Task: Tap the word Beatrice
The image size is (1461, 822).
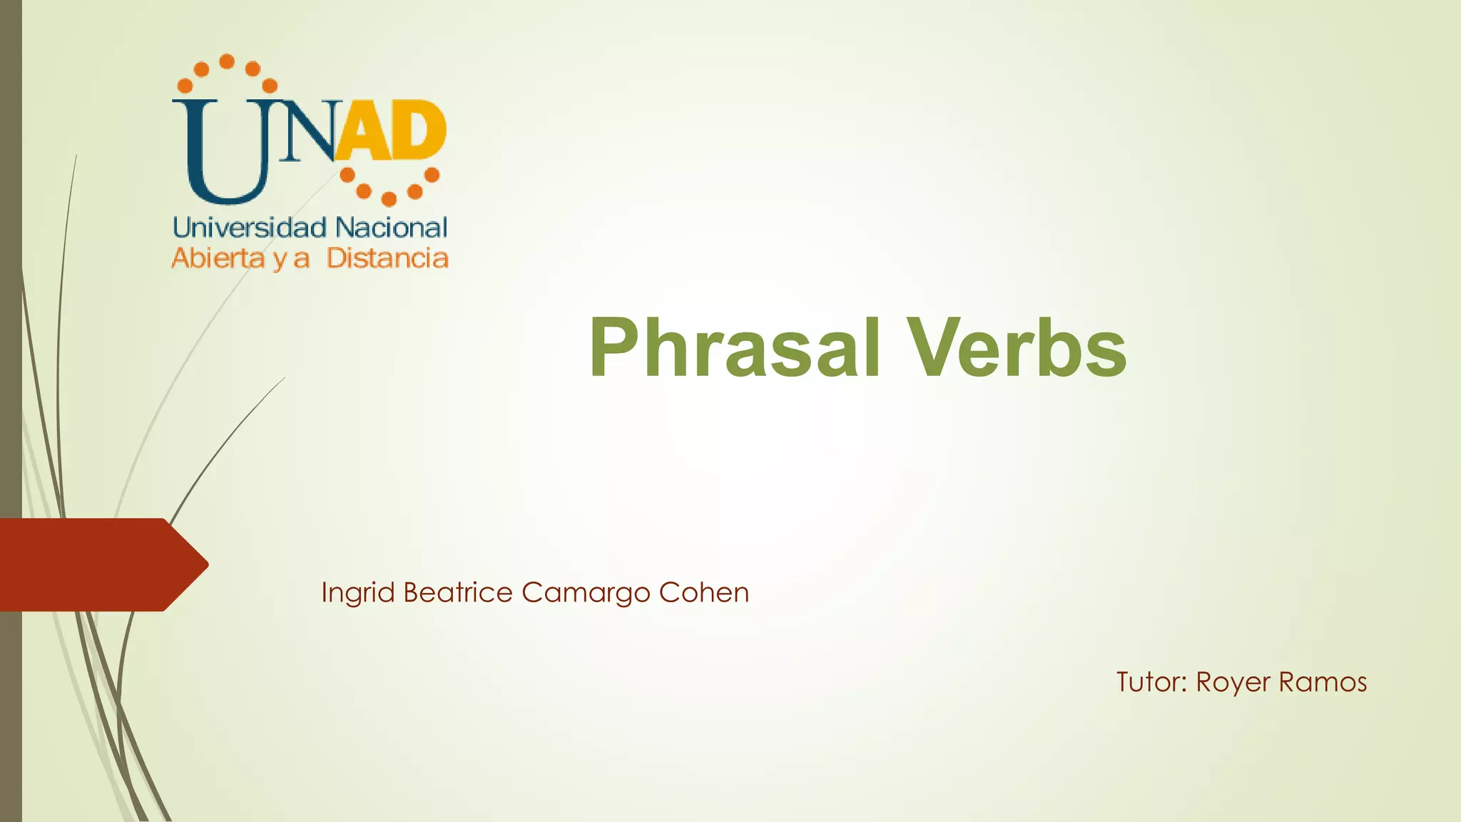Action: pyautogui.click(x=457, y=592)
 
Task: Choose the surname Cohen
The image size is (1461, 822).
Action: pyautogui.click(x=703, y=592)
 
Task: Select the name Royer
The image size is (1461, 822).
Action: pyautogui.click(x=1232, y=683)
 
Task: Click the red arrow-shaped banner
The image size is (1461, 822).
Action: pyautogui.click(x=100, y=564)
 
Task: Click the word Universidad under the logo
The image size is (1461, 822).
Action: pyautogui.click(x=250, y=228)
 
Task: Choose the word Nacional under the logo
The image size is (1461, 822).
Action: pyautogui.click(x=391, y=228)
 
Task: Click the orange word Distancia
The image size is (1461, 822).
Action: pyautogui.click(x=387, y=258)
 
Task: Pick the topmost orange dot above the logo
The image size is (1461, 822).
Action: pyautogui.click(x=227, y=61)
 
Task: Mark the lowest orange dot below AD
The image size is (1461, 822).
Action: pyautogui.click(x=389, y=198)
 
